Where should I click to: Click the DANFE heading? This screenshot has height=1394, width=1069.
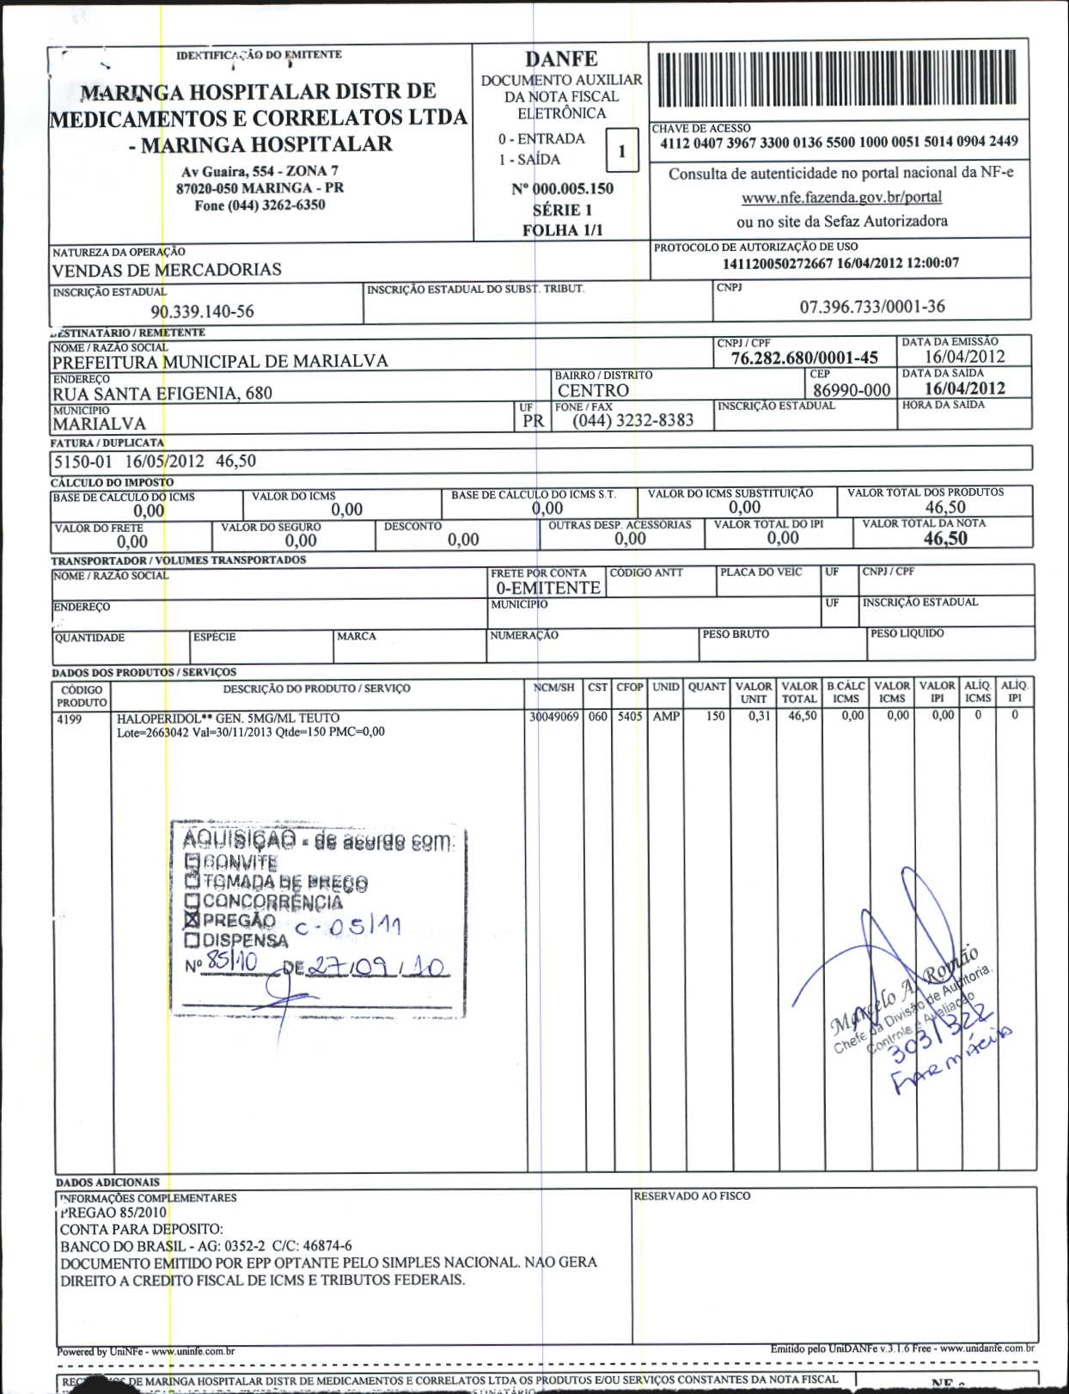tap(561, 58)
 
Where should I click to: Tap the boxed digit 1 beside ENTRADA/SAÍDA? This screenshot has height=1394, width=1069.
tap(621, 152)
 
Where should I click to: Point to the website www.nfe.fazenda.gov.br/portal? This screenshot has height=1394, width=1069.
tap(841, 197)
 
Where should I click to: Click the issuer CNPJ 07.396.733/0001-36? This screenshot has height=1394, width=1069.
tap(872, 306)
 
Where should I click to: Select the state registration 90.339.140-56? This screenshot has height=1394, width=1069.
tap(203, 311)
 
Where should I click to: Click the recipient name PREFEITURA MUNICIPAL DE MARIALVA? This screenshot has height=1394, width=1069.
tap(220, 361)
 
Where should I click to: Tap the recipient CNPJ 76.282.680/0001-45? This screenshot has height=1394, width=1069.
tap(804, 358)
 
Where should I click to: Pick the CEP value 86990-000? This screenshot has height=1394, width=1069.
tap(851, 390)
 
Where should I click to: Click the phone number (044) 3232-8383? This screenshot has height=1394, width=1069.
tap(633, 420)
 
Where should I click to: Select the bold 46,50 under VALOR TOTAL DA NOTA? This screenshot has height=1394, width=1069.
tap(945, 539)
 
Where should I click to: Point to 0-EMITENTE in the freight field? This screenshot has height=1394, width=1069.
tap(547, 588)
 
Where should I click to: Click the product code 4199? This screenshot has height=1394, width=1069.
tap(69, 718)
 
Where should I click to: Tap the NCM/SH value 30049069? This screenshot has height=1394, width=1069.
tap(553, 716)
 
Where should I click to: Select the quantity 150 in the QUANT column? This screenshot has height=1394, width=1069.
tap(715, 716)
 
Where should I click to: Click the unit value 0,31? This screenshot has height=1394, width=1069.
tap(759, 716)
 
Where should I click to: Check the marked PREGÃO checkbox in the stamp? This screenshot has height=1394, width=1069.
tap(192, 920)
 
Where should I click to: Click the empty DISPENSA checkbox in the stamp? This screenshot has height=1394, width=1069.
tap(192, 940)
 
